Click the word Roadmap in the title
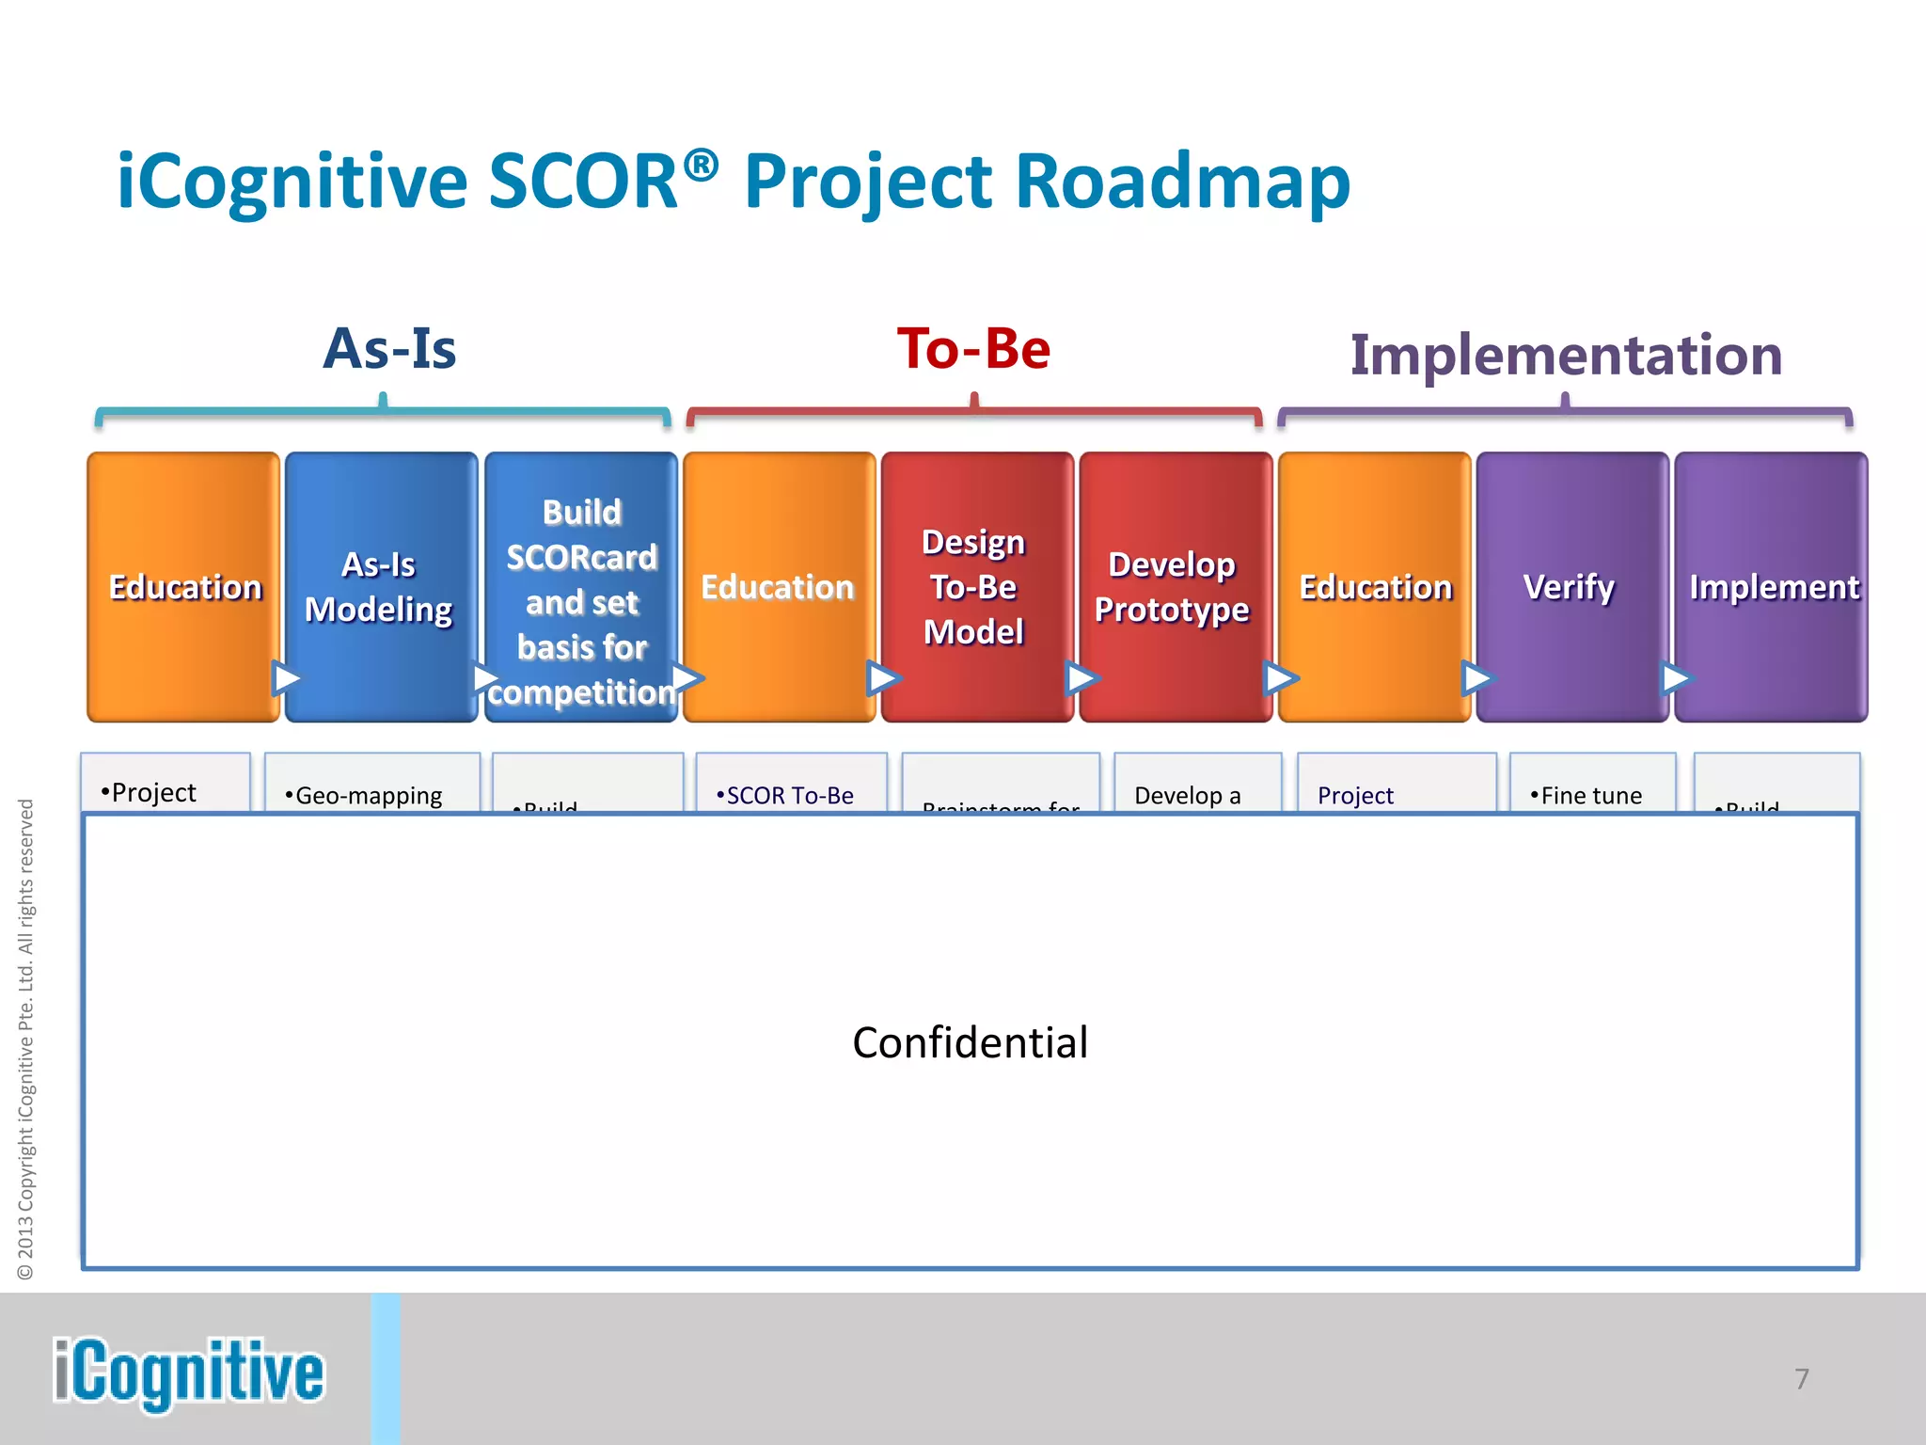pyautogui.click(x=1182, y=181)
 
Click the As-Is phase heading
pyautogui.click(x=389, y=349)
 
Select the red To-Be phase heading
pyautogui.click(x=973, y=349)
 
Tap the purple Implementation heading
pyautogui.click(x=1566, y=355)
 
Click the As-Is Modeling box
pyautogui.click(x=380, y=587)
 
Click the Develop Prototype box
pyautogui.click(x=1173, y=587)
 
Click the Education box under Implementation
pyautogui.click(x=1375, y=587)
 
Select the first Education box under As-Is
pyautogui.click(x=184, y=587)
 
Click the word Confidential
pyautogui.click(x=970, y=1042)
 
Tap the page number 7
pyautogui.click(x=1801, y=1379)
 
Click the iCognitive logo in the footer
pyautogui.click(x=188, y=1373)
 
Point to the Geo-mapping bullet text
pyautogui.click(x=365, y=796)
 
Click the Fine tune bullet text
pyautogui.click(x=1587, y=796)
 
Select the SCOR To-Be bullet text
pyautogui.click(x=786, y=796)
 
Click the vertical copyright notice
pyautogui.click(x=26, y=1039)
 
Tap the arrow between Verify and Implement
pyautogui.click(x=1675, y=677)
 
